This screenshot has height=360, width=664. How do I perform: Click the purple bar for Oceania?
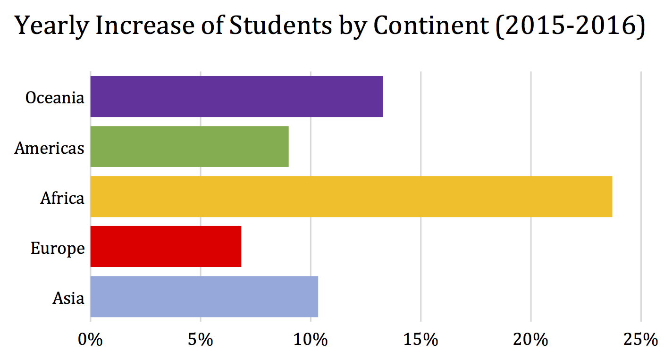(236, 96)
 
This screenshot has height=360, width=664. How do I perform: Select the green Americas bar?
(189, 146)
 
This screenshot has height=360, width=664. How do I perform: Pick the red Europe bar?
(166, 246)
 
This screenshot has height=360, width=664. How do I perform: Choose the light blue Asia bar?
(204, 296)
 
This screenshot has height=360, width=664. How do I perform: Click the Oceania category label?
(55, 98)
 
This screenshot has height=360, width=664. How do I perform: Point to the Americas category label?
(49, 148)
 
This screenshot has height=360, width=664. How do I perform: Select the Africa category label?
(62, 198)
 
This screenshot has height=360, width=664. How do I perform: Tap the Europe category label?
(58, 248)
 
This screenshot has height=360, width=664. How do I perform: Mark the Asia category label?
(68, 298)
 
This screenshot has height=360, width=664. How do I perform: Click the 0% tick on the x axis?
(90, 339)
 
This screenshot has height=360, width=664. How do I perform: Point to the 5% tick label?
(201, 339)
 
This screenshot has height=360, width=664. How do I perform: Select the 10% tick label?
(311, 339)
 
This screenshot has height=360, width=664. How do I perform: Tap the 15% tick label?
(420, 339)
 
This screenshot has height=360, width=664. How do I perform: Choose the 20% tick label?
(531, 339)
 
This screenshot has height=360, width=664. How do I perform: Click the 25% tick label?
(641, 339)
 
